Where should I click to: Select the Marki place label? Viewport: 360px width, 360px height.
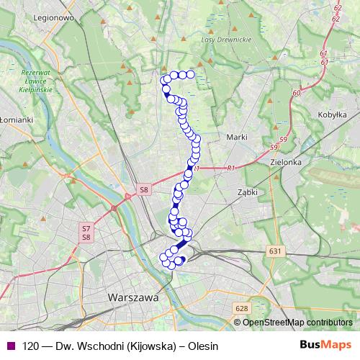(x=237, y=137)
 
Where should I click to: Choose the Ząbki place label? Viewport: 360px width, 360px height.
(x=248, y=192)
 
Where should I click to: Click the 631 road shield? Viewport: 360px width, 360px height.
(x=274, y=251)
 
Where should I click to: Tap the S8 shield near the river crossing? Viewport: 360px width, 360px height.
(x=144, y=190)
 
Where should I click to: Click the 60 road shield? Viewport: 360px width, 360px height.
(x=297, y=93)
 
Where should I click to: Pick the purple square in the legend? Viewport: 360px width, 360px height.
(x=10, y=346)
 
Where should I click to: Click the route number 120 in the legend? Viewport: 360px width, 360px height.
(x=30, y=346)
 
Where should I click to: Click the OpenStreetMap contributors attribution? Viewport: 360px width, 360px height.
(x=297, y=322)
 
